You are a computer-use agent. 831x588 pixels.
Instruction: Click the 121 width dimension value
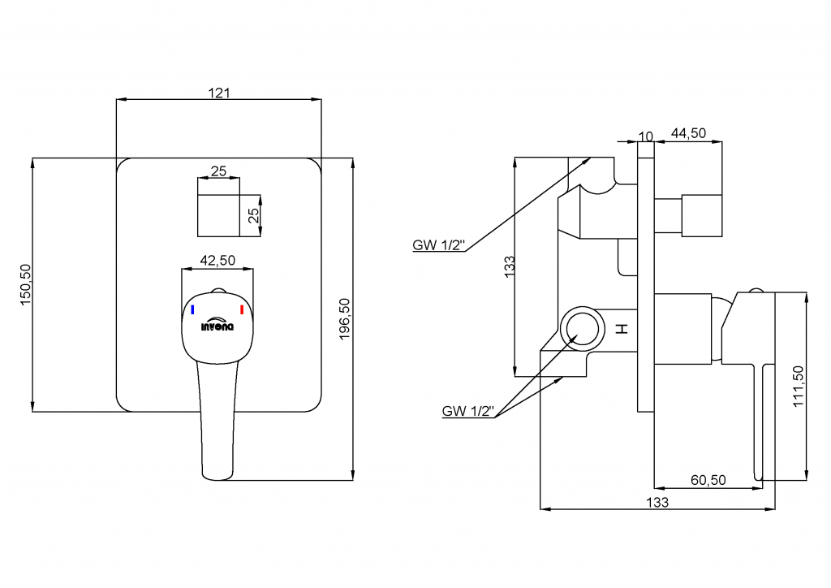point(219,93)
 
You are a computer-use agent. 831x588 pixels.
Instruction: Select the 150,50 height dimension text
point(25,284)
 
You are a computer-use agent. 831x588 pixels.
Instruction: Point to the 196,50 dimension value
point(344,318)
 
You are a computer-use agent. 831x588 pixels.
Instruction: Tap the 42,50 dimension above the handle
point(217,261)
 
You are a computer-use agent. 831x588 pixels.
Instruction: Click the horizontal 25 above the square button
point(218,171)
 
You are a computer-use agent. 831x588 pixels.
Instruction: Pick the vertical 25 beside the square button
point(253,216)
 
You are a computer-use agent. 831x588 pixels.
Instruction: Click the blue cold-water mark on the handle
point(192,309)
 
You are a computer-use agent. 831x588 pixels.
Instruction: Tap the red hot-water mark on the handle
point(242,309)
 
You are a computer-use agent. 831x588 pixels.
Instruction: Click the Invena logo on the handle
point(217,325)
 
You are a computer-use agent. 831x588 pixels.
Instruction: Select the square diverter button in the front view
point(219,215)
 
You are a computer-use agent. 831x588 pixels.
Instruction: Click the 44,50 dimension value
point(687,134)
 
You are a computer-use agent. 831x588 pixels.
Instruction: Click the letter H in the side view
point(622,329)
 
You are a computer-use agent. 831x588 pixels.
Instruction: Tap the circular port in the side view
point(582,328)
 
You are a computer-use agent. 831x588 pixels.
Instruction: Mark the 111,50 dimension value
point(799,386)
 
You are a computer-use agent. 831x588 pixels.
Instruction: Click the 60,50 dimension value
point(708,480)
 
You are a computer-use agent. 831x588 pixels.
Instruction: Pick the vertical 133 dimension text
point(509,266)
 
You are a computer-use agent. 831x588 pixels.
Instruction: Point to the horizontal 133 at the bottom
point(658,502)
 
